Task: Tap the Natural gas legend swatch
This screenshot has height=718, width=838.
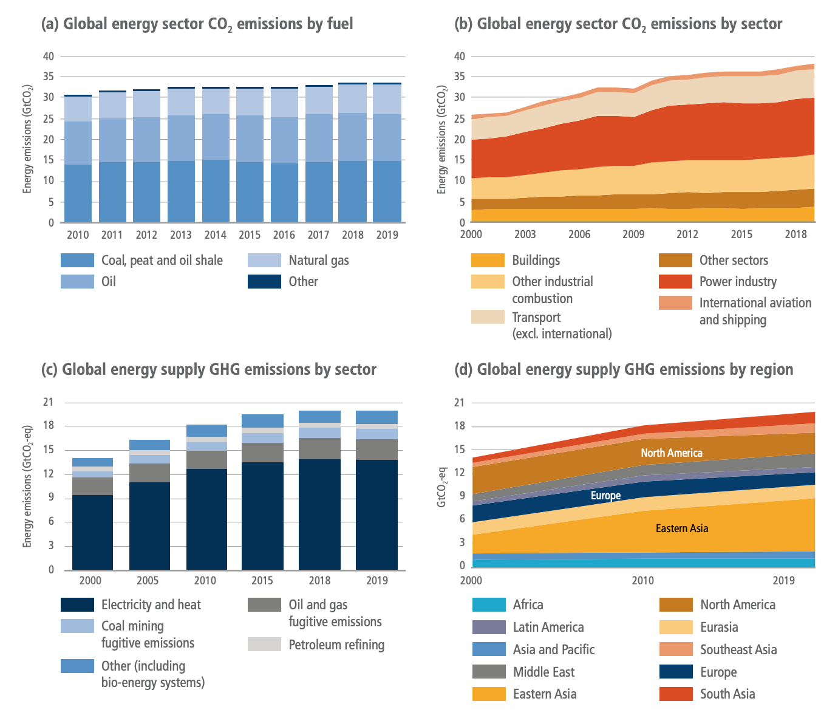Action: click(x=264, y=261)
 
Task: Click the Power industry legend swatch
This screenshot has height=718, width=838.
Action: click(x=675, y=281)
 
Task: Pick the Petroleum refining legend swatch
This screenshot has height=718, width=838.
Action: click(x=264, y=644)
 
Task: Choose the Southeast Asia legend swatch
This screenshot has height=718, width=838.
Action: click(x=675, y=649)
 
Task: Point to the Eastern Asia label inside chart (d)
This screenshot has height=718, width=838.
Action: click(x=682, y=528)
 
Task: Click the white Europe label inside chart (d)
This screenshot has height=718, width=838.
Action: click(x=605, y=496)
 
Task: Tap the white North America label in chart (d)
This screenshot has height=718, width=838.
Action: click(x=671, y=453)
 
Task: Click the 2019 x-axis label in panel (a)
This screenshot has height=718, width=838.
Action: click(x=387, y=235)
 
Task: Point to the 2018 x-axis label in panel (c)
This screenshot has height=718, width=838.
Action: click(x=319, y=581)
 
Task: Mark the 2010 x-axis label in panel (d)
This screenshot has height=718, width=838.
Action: click(x=643, y=581)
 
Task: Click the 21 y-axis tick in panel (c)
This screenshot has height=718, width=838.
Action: click(x=48, y=403)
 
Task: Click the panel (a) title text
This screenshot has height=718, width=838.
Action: click(x=197, y=24)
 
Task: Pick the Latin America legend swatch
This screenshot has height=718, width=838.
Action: click(x=489, y=627)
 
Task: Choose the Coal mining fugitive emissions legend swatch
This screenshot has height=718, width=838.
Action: click(x=77, y=626)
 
